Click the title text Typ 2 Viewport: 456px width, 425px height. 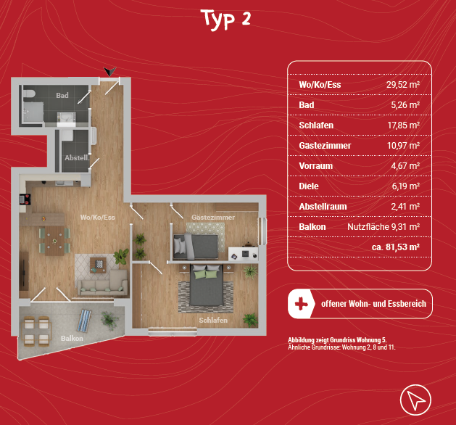[x=226, y=19]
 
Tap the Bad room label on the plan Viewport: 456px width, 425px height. [x=62, y=96]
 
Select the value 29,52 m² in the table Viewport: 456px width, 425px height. [x=403, y=85]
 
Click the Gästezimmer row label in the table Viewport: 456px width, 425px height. [x=325, y=146]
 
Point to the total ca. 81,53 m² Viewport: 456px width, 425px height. [x=396, y=247]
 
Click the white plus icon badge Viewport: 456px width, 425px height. [x=302, y=304]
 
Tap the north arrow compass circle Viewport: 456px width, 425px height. [x=415, y=400]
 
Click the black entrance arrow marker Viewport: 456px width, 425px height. [x=110, y=71]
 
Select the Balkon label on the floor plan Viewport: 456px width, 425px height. [x=72, y=338]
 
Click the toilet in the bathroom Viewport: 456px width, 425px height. [x=29, y=94]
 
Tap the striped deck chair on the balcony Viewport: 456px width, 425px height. [x=84, y=321]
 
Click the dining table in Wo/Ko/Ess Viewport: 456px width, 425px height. [x=54, y=241]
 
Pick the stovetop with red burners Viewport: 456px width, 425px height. [x=25, y=199]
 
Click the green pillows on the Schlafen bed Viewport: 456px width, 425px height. [x=207, y=275]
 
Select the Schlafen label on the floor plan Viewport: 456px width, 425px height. [x=213, y=321]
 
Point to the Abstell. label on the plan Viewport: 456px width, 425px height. [x=77, y=158]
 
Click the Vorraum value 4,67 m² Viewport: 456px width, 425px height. [x=405, y=166]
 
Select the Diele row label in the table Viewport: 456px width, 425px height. [x=309, y=186]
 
